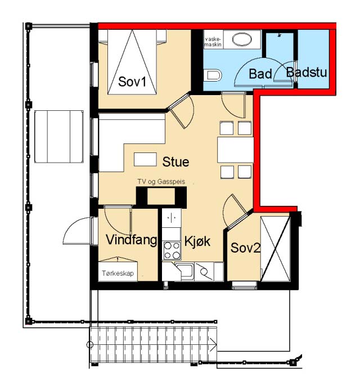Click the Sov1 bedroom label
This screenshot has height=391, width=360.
[x=132, y=81]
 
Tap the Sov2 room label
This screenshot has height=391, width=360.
[x=245, y=248]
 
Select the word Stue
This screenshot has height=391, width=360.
[x=175, y=162]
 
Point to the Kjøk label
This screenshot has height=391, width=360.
[x=197, y=241]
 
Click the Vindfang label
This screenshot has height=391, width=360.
[x=132, y=240]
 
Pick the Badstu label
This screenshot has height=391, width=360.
[x=307, y=73]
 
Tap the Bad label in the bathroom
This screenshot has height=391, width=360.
[x=260, y=74]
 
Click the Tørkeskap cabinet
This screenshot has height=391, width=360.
[x=118, y=272]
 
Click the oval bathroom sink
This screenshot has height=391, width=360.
[x=242, y=39]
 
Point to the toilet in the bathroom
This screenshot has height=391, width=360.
[x=213, y=75]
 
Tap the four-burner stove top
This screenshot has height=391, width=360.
[x=172, y=250]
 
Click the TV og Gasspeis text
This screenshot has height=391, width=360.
[x=161, y=182]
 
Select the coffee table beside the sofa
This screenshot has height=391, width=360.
[x=145, y=159]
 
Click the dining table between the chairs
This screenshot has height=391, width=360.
[x=236, y=150]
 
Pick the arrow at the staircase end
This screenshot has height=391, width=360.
[x=213, y=345]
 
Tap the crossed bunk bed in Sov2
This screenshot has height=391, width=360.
[x=276, y=249]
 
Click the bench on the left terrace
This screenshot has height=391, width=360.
[x=59, y=137]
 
